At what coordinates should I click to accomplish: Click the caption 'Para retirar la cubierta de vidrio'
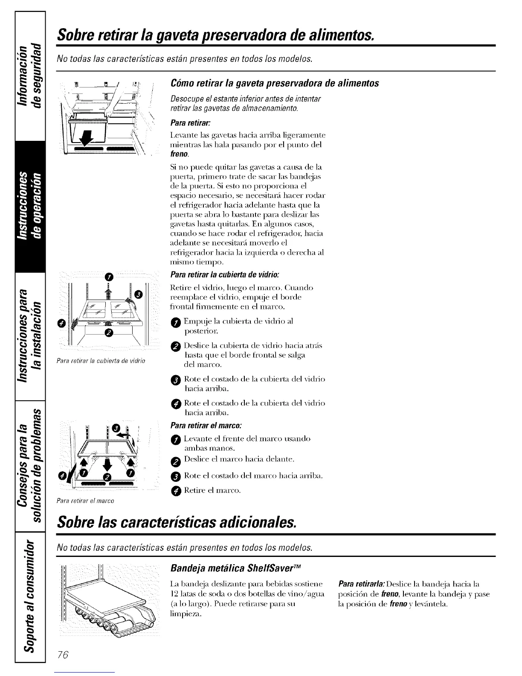(x=101, y=361)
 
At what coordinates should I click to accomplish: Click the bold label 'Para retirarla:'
(x=357, y=583)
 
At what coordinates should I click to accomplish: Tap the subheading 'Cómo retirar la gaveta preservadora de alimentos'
(x=274, y=83)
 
